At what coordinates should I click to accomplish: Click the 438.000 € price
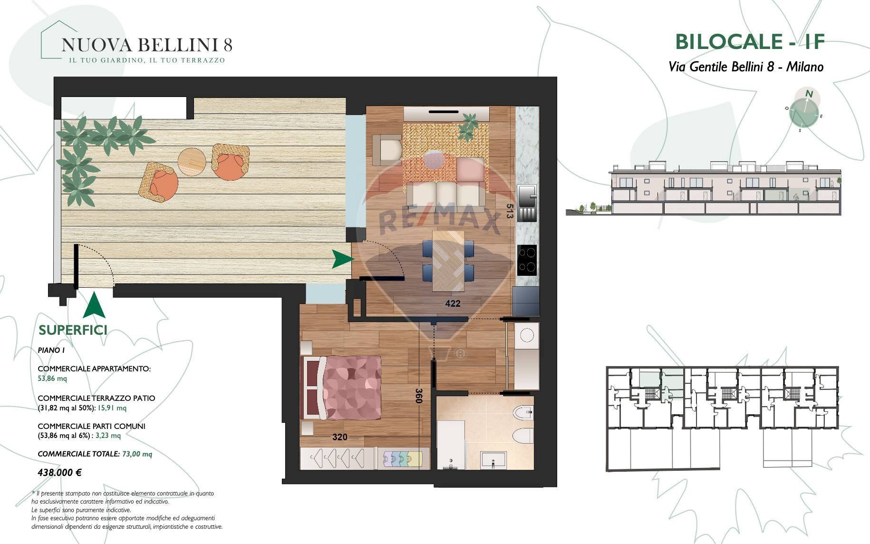pyautogui.click(x=59, y=473)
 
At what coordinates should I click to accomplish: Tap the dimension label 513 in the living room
pyautogui.click(x=510, y=211)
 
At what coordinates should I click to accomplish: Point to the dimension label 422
pyautogui.click(x=453, y=303)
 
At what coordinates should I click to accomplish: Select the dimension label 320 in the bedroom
pyautogui.click(x=339, y=437)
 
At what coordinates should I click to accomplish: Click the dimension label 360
pyautogui.click(x=418, y=396)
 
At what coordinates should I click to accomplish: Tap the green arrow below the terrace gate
pyautogui.click(x=94, y=305)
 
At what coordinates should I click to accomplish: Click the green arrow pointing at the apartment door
pyautogui.click(x=343, y=259)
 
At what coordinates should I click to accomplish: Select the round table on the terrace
pyautogui.click(x=192, y=161)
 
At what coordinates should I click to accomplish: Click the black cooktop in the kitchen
pyautogui.click(x=527, y=260)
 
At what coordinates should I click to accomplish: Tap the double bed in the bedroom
pyautogui.click(x=342, y=388)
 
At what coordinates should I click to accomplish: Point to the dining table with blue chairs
pyautogui.click(x=448, y=261)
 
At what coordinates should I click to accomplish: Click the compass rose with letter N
pyautogui.click(x=804, y=113)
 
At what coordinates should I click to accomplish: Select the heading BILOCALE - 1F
pyautogui.click(x=750, y=42)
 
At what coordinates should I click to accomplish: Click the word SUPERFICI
pyautogui.click(x=73, y=330)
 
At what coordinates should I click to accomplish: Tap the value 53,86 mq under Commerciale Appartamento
pyautogui.click(x=52, y=379)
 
